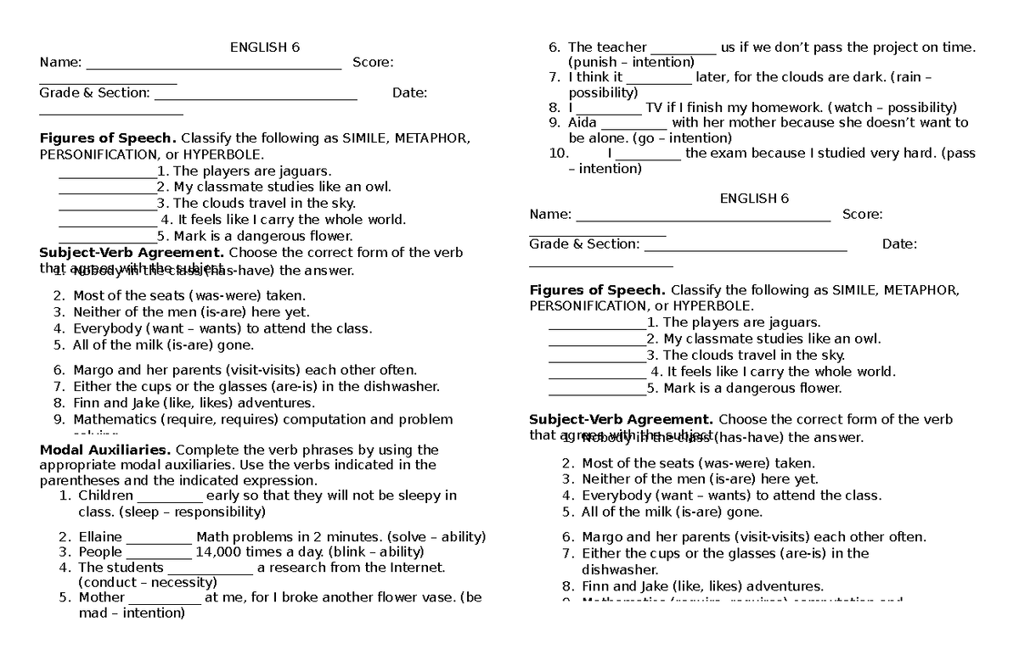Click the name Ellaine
tap(100, 536)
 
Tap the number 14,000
tap(222, 551)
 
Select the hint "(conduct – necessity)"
tap(147, 582)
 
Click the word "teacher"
tap(622, 48)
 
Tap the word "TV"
tap(653, 108)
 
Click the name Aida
tap(583, 123)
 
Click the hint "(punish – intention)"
tap(631, 62)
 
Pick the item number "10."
tap(559, 154)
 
